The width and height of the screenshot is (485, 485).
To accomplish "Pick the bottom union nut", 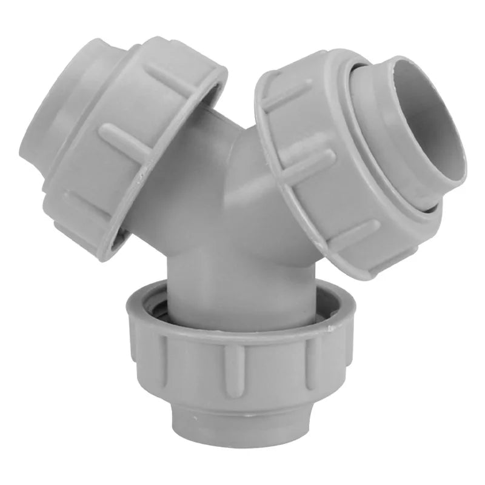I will tap(236, 358).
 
